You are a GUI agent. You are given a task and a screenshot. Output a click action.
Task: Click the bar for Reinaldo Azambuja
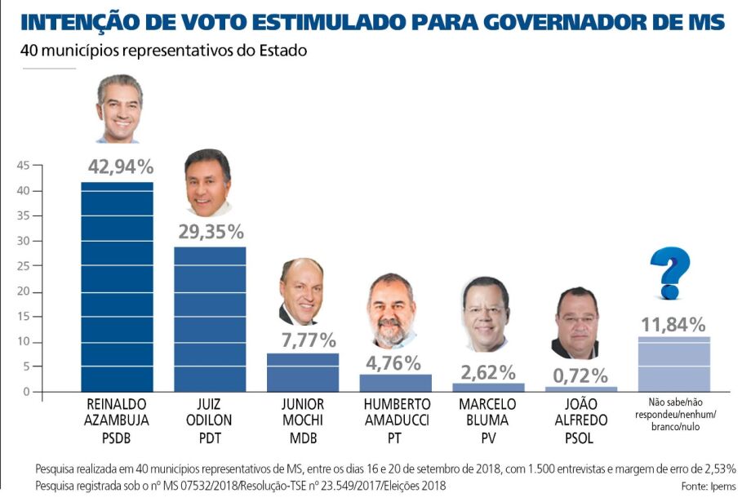coord(117,286)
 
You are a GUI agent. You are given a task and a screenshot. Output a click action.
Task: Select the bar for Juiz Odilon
coord(210,318)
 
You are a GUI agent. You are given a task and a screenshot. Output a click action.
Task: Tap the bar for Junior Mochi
coord(302,372)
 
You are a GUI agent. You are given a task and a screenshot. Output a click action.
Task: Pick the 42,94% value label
coord(120,167)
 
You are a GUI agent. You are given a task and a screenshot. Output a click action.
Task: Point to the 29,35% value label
coord(211,232)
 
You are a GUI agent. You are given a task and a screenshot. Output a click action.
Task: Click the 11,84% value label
coord(673,324)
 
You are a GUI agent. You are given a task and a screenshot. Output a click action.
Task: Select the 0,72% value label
coord(580,376)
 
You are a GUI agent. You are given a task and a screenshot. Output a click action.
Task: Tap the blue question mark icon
coord(670,273)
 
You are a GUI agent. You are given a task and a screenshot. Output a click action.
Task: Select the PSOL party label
coord(580,439)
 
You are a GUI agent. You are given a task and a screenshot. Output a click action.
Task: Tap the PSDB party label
coord(117,439)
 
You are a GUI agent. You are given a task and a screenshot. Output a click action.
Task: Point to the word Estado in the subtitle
coord(281,51)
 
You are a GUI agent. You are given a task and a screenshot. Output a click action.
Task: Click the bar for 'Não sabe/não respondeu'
coord(673,364)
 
